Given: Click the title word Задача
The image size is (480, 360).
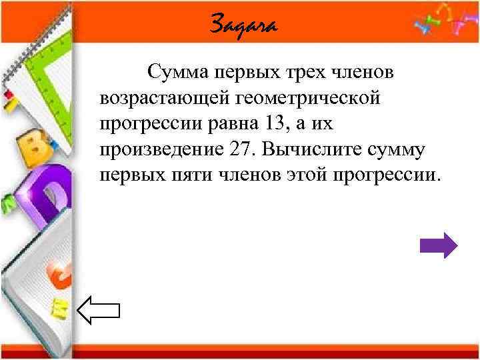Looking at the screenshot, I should click(243, 26).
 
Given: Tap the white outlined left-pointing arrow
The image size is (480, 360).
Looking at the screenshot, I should click(99, 311).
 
